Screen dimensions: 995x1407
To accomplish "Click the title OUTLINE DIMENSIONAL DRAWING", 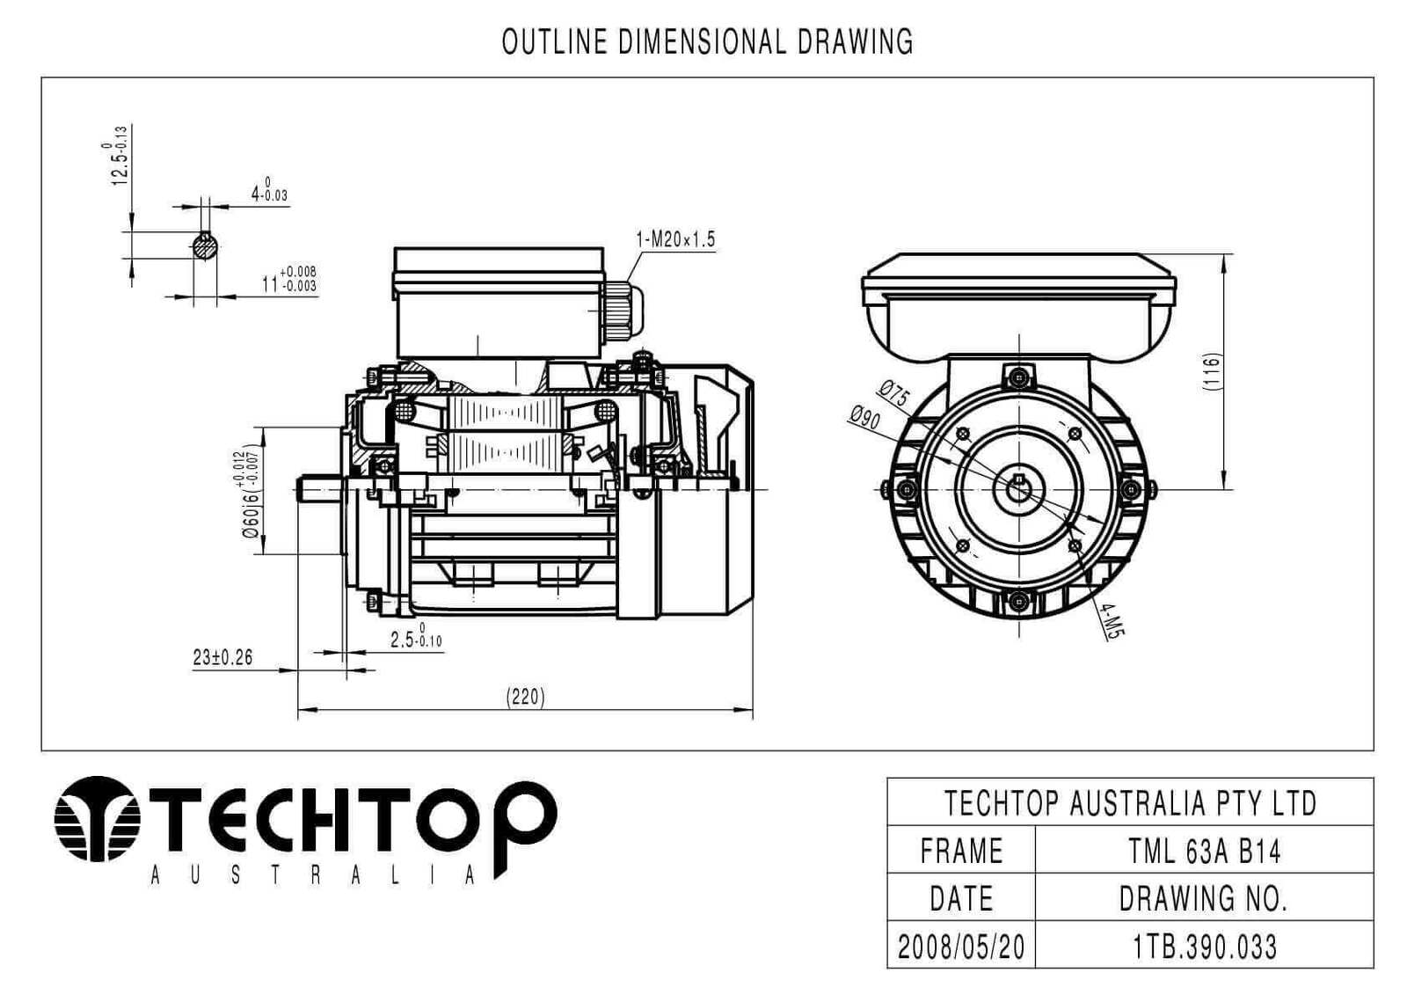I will (x=707, y=41).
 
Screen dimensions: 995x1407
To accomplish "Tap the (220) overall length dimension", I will (x=525, y=697).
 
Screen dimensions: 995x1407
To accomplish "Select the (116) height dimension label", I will (x=1213, y=372).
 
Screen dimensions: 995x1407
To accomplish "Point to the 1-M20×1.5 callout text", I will (x=675, y=239).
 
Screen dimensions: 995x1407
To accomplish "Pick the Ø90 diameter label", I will (x=864, y=418).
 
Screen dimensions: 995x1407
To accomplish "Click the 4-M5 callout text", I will (x=1112, y=619).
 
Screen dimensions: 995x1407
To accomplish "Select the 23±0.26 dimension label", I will (x=222, y=657).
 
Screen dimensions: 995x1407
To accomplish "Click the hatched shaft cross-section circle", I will (x=205, y=246).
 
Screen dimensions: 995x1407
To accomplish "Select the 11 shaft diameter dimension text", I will (x=288, y=282).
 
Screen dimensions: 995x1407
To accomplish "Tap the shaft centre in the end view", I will (x=1018, y=487).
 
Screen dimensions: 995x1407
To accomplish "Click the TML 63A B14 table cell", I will (x=1204, y=851).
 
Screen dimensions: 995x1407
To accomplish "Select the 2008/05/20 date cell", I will (x=961, y=947).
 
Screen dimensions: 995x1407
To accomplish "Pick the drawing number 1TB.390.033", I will (x=1204, y=947).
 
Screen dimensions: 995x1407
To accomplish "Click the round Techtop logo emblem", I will (x=98, y=818).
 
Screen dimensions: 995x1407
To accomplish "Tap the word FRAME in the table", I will (x=961, y=851).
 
